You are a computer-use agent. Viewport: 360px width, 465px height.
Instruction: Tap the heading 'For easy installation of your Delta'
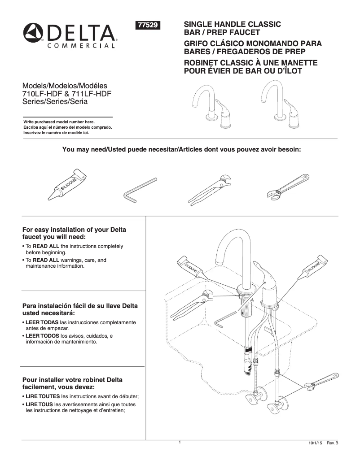[x=74, y=230]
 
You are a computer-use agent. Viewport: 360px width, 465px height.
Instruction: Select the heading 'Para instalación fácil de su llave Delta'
[x=80, y=306]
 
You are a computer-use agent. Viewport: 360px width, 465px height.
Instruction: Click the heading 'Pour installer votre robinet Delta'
[x=72, y=380]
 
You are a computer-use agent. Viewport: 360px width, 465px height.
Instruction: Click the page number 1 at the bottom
[x=179, y=443]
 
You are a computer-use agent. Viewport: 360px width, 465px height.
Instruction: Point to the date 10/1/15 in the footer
[x=316, y=443]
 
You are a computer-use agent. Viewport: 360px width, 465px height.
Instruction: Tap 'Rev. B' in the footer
[x=332, y=443]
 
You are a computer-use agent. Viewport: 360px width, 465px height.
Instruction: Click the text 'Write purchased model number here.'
[x=59, y=122]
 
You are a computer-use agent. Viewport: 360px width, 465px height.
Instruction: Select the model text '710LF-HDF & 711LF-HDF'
[x=67, y=94]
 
